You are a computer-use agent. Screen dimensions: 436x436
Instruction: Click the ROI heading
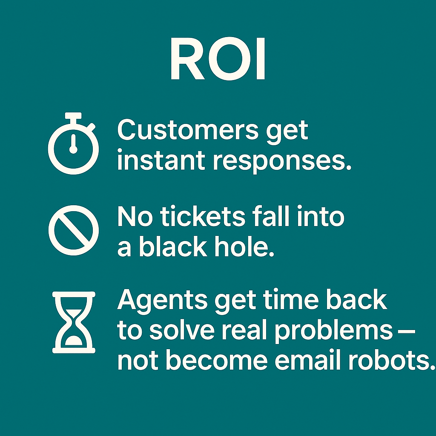pos(218,59)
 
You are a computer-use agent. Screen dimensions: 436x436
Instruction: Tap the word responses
pos(282,162)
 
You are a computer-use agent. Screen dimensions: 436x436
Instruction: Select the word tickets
pos(203,216)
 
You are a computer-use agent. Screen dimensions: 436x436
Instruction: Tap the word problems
pos(334,332)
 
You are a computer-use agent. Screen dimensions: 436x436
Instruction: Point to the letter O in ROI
pos(229,59)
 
